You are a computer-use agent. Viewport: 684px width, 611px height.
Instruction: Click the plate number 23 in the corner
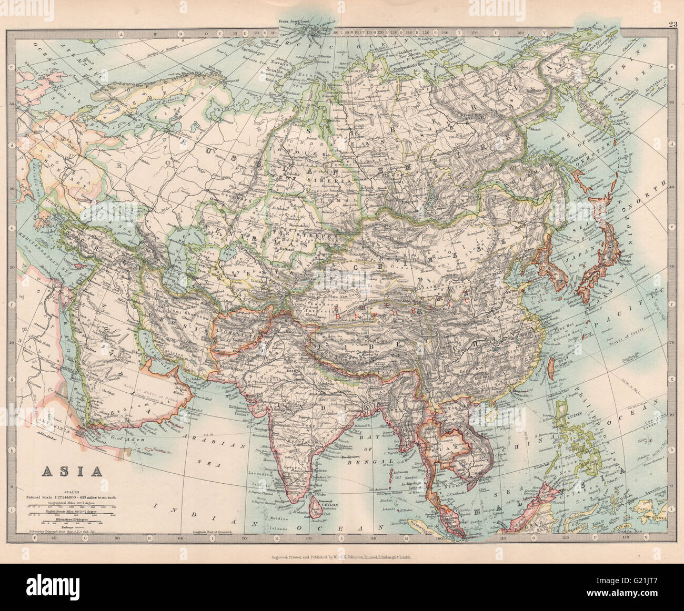[x=673, y=24]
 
